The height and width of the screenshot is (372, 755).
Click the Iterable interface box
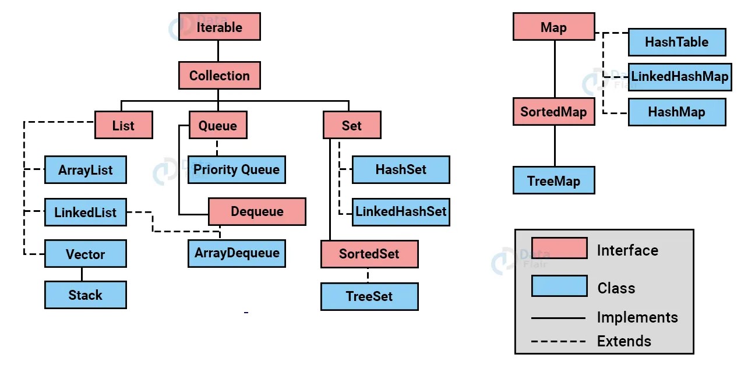click(219, 27)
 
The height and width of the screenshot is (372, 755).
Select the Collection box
click(219, 76)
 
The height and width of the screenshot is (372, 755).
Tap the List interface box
click(124, 126)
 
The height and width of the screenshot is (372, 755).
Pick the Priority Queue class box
click(237, 170)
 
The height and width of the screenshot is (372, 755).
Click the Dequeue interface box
click(257, 211)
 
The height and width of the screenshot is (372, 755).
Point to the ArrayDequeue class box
click(237, 253)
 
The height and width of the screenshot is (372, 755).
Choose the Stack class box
click(85, 295)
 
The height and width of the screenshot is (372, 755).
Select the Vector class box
click(85, 254)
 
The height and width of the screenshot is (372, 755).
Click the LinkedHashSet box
click(401, 211)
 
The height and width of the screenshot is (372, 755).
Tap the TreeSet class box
click(369, 296)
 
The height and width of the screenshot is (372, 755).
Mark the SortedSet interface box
click(369, 254)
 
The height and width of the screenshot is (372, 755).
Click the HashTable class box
click(676, 42)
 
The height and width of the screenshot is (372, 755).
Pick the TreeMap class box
click(553, 180)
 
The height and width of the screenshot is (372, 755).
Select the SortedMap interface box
click(553, 111)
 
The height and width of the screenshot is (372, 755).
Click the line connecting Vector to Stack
click(82, 275)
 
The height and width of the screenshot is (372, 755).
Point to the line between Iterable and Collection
click(218, 51)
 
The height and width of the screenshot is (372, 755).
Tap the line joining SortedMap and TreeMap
click(554, 146)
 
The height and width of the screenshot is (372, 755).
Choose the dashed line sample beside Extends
click(558, 341)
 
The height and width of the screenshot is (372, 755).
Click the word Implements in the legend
click(637, 317)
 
